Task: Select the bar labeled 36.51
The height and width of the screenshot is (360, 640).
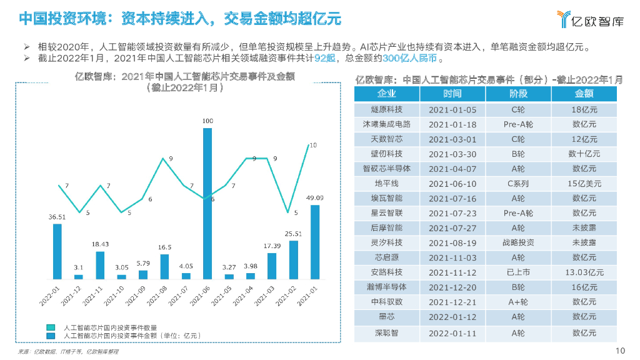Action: (57, 251)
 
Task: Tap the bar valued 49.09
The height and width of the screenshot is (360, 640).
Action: (315, 241)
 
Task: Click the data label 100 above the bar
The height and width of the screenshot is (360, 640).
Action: (208, 121)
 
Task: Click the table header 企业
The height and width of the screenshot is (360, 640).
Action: (386, 94)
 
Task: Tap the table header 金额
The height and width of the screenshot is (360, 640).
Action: (584, 94)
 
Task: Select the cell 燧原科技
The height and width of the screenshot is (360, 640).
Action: (386, 109)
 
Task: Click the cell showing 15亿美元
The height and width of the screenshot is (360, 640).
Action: (584, 184)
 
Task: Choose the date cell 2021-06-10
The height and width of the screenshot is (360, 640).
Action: (452, 184)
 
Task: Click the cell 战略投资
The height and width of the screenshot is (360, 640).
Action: (518, 242)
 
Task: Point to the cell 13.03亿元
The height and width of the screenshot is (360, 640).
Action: (584, 272)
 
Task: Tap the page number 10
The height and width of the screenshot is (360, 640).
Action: (621, 350)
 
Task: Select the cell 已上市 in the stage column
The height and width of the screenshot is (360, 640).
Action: (518, 272)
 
